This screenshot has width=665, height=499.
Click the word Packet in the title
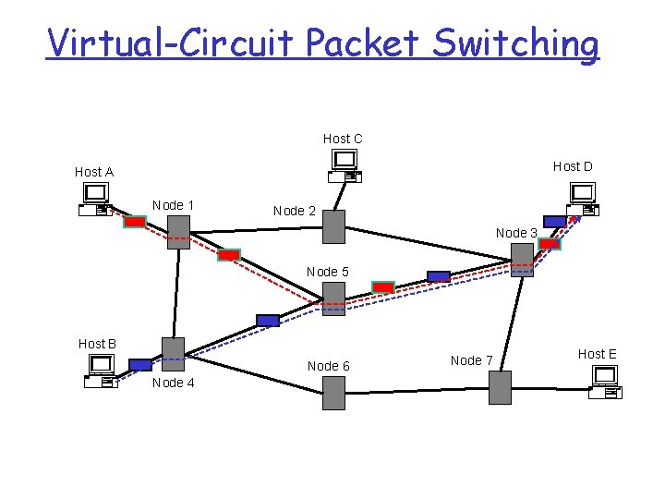click(358, 43)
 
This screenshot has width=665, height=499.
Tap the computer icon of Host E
click(606, 382)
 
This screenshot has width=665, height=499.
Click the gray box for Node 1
click(178, 227)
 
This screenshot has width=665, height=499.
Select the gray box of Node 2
click(333, 226)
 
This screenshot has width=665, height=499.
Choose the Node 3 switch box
click(522, 261)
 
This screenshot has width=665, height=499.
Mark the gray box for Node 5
click(333, 298)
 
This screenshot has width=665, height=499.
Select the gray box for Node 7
click(499, 387)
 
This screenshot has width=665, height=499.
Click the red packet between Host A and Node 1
click(135, 222)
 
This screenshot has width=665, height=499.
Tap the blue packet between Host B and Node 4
click(139, 364)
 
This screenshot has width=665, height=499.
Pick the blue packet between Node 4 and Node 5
click(267, 320)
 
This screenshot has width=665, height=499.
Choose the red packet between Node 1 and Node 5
click(228, 255)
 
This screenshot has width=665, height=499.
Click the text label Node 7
click(471, 360)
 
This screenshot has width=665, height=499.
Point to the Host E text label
click(597, 354)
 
